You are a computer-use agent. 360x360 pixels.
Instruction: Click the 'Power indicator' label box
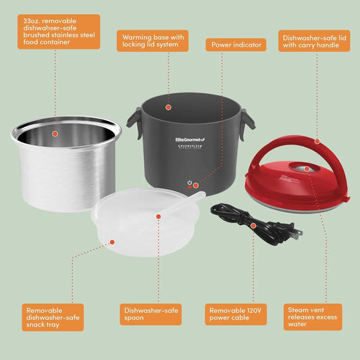(x=236, y=45)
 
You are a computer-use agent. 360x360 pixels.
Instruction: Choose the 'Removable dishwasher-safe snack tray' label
(x=53, y=316)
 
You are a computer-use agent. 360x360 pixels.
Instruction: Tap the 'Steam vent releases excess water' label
(x=314, y=316)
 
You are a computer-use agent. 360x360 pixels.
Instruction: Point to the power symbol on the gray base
(x=190, y=183)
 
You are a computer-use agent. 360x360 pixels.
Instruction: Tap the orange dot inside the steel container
(x=55, y=134)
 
